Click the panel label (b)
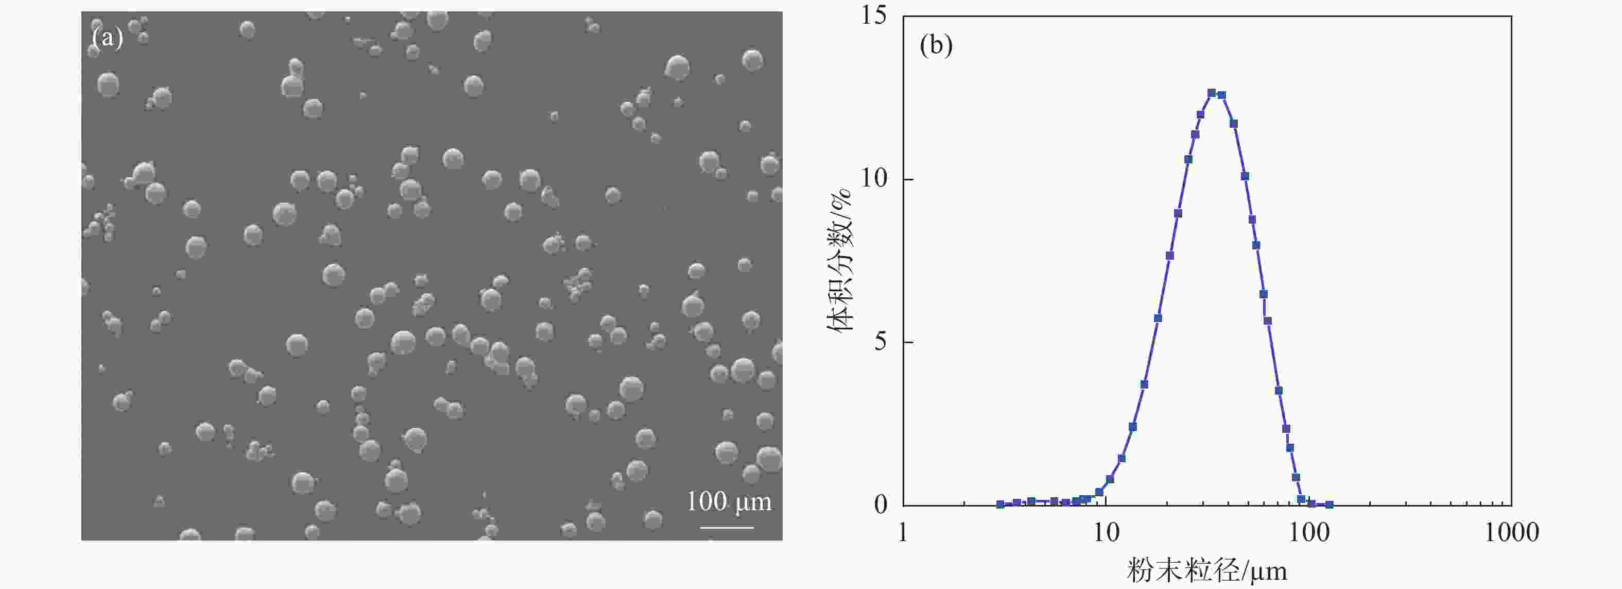936,45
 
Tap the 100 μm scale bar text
729,502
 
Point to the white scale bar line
727,527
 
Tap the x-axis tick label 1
903,533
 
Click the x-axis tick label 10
1106,533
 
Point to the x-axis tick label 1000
1512,533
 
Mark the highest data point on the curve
1212,93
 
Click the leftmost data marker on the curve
1000,504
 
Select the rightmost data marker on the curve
1329,504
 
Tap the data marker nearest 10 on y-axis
1245,176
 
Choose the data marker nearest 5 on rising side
1158,318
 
